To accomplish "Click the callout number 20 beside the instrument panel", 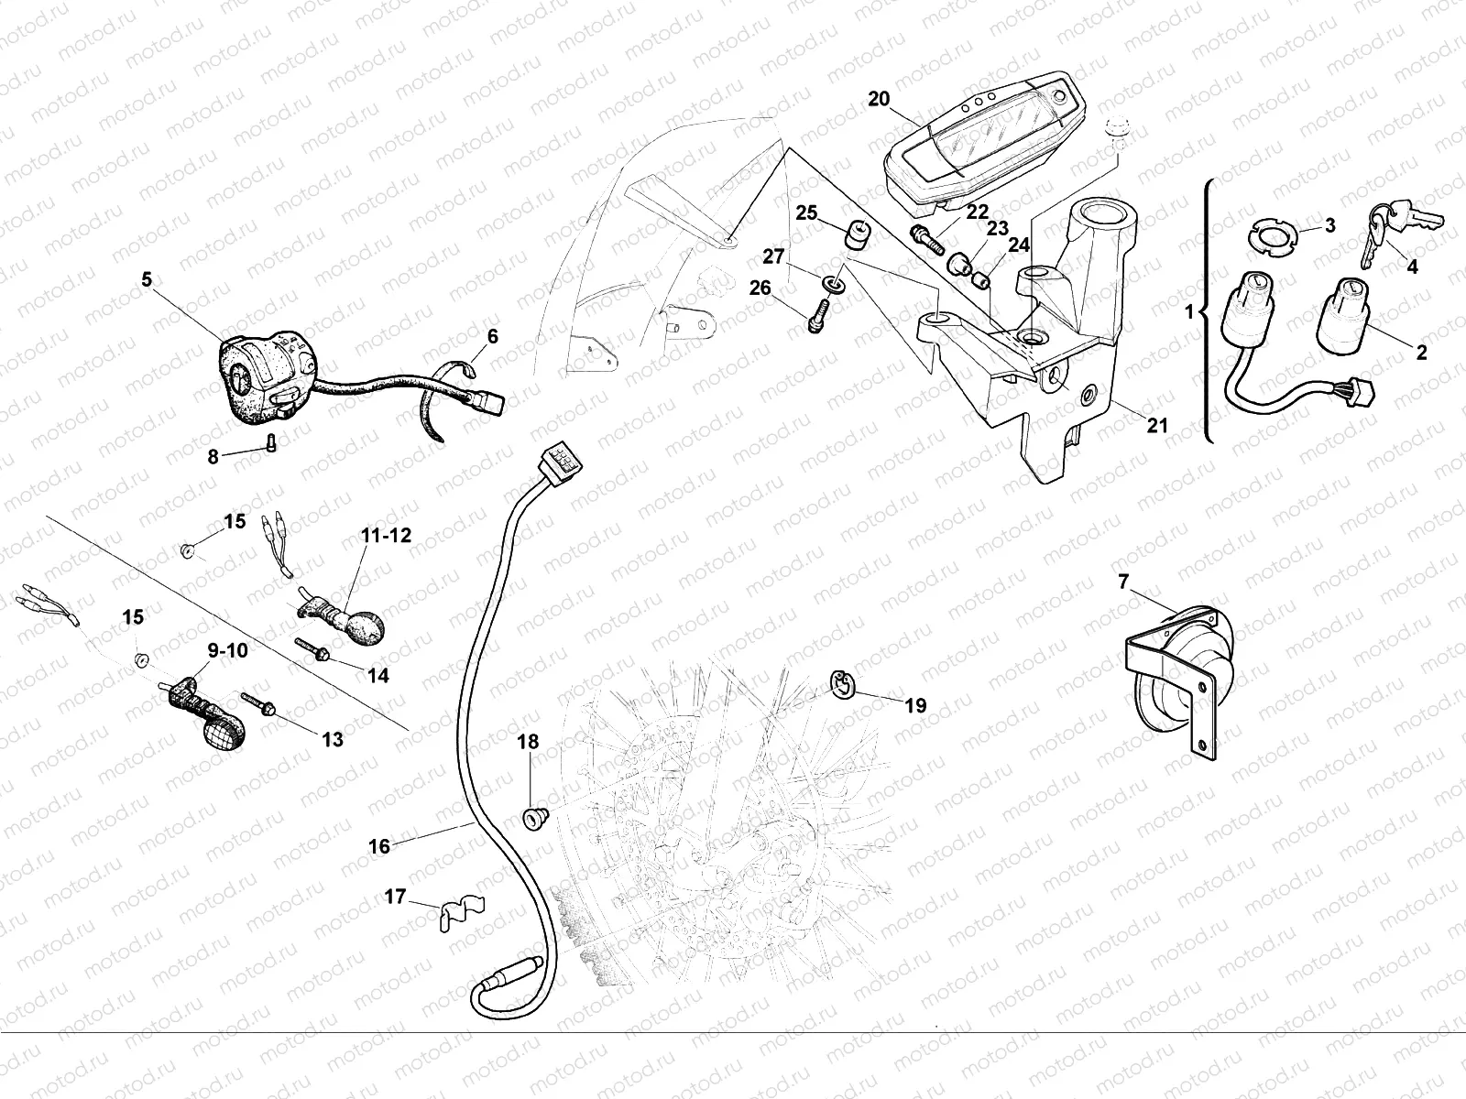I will coord(879,99).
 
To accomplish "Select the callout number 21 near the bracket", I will coord(1158,425).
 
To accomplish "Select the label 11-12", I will coord(386,537).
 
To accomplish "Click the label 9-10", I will coord(226,651).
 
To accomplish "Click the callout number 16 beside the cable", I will coord(379,846).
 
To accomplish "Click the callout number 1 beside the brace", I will coord(1189,312).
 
